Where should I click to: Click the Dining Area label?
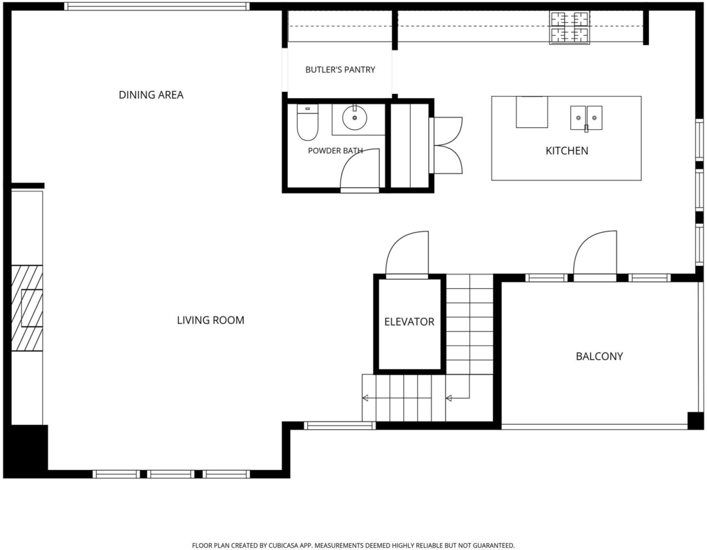point(151,95)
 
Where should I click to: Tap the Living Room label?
point(211,321)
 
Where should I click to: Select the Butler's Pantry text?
point(340,70)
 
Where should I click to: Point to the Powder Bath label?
point(336,151)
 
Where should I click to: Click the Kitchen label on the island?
point(567,151)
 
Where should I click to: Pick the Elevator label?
point(409,322)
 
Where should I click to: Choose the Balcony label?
point(599,357)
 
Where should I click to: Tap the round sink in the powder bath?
point(355,117)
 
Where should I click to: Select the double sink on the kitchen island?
point(586,117)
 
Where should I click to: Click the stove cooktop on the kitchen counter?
point(570,28)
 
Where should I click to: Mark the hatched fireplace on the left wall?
point(27,308)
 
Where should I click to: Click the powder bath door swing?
point(360,168)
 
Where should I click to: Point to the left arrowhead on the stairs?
point(366,398)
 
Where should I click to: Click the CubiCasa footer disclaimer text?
point(353,545)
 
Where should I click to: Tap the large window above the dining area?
point(157,6)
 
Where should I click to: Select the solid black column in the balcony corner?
point(695,421)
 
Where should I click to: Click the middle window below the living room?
point(171,474)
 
